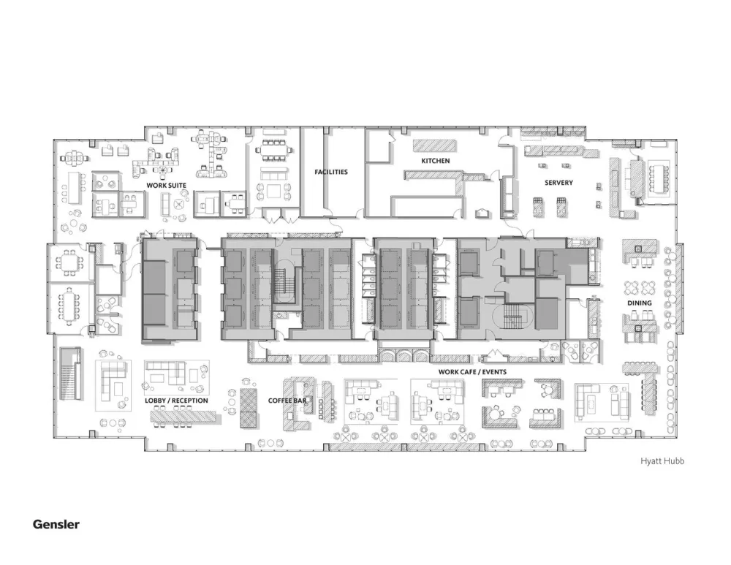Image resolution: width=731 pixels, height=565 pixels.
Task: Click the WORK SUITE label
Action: (x=166, y=186)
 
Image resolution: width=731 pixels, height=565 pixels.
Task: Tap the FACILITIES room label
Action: (x=331, y=172)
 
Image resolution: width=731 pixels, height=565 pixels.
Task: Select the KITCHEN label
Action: (x=435, y=160)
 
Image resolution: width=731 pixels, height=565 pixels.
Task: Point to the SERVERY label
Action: (x=558, y=182)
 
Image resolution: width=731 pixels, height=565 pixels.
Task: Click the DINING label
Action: (x=640, y=303)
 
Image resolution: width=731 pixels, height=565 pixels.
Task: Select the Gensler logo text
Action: (x=56, y=524)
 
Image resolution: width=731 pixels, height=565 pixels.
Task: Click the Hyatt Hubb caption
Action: (x=662, y=461)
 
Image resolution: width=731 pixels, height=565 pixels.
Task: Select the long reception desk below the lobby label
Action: (x=184, y=416)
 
